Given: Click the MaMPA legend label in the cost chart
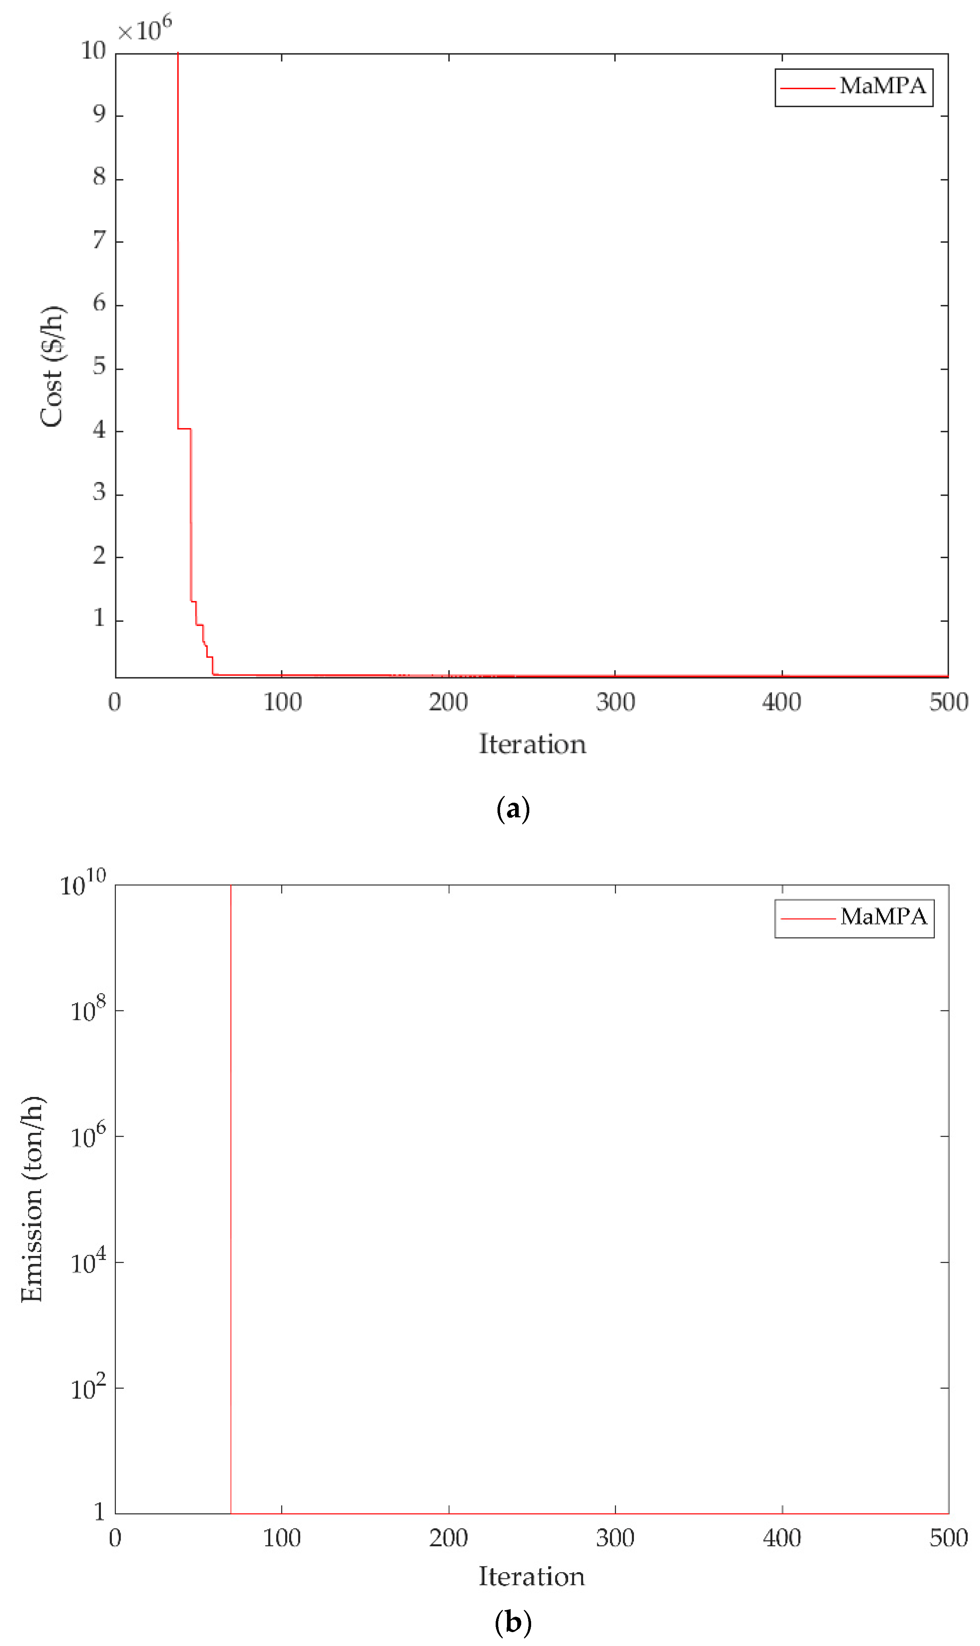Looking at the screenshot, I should pyautogui.click(x=882, y=86).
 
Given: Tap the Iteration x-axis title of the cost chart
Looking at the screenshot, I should pyautogui.click(x=532, y=744).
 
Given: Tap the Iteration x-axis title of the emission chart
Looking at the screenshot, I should pyautogui.click(x=531, y=1576).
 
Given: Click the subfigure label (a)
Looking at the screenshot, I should pyautogui.click(x=513, y=809).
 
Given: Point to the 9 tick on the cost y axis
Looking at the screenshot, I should pyautogui.click(x=99, y=115).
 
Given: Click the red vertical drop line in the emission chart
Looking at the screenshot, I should pyautogui.click(x=231, y=1188).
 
